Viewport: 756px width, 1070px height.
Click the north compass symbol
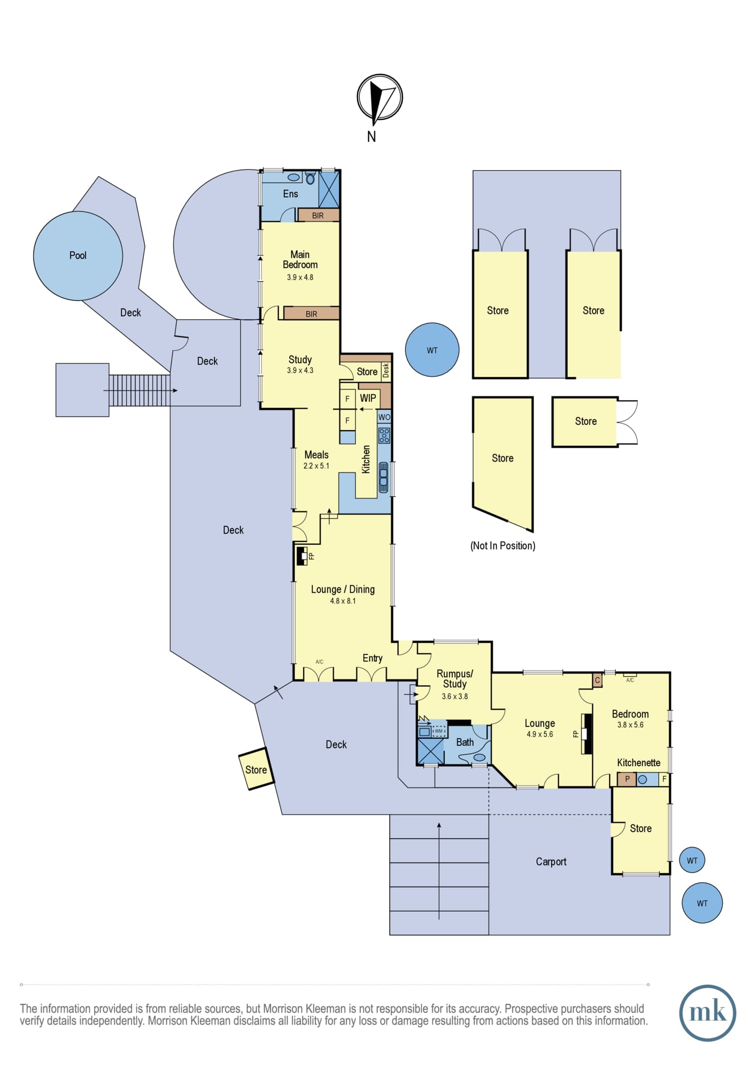(380, 97)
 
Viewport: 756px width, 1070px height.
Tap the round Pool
(78, 255)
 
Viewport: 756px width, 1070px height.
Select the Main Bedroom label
(300, 259)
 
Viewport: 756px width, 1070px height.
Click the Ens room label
(290, 194)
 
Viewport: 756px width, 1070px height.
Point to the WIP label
(368, 398)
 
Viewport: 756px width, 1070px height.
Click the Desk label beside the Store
(386, 371)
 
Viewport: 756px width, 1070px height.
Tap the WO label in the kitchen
(384, 417)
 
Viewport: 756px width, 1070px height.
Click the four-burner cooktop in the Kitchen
(384, 435)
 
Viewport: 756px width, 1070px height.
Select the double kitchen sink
(383, 477)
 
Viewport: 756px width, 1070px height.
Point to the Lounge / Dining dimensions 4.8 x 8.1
(343, 601)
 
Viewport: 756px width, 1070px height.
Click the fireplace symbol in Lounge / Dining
(302, 555)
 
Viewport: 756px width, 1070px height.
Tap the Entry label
(373, 658)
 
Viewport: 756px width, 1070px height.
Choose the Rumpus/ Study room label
(454, 679)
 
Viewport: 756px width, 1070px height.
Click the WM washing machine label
(438, 731)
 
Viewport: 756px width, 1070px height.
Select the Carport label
(551, 861)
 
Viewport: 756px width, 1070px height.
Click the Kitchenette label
(638, 762)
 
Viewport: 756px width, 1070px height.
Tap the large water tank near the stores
(432, 350)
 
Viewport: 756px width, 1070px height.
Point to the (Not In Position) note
(503, 546)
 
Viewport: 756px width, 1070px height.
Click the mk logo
(707, 1013)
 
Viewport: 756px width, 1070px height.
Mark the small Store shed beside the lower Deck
(256, 769)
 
